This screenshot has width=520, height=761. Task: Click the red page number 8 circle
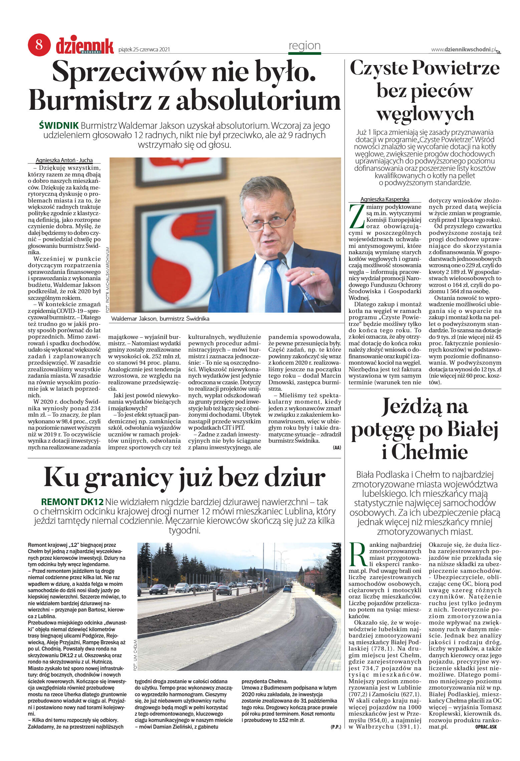point(39,45)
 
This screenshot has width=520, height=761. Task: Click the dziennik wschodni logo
point(85,46)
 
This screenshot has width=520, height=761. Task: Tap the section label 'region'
point(304,46)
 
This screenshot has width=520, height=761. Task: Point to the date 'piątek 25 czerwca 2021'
point(144,50)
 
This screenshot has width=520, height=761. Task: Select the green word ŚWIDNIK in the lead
point(59,126)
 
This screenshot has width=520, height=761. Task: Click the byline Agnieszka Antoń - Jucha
point(64,160)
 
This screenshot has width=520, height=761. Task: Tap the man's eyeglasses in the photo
point(270,220)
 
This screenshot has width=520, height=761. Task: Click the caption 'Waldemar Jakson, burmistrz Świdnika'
point(160,319)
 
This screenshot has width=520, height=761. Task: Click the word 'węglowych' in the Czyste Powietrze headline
point(425,114)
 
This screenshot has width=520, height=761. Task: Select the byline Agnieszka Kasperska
point(384,200)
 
